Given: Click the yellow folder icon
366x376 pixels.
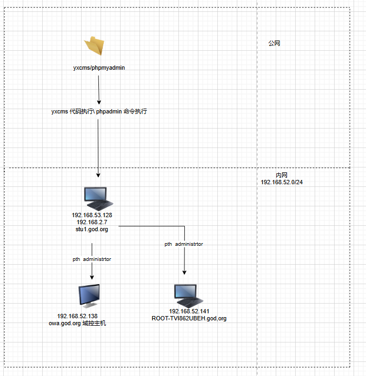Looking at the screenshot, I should coord(94,46).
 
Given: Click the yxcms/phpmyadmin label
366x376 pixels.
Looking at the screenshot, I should coord(99,69).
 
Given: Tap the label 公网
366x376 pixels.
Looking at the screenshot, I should coord(274,43).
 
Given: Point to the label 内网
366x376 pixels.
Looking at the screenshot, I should coord(282,176).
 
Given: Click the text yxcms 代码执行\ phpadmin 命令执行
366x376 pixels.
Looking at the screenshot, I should coord(99,112).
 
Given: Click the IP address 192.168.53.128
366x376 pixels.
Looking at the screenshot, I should coord(92,215).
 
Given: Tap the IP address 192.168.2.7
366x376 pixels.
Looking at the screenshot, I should coord(92,222).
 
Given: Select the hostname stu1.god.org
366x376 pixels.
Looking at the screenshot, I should coord(92,229).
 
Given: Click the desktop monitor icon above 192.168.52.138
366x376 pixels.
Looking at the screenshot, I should coord(89,297).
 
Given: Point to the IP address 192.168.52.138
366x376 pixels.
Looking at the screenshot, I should coord(77,316).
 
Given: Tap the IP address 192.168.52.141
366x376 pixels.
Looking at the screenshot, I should coord(189,312).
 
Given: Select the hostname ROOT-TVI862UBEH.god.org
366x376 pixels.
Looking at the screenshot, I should coord(189,319).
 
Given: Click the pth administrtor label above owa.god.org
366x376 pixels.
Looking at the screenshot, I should coord(92,259).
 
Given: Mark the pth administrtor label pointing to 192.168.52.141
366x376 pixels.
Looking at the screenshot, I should coord(184,244).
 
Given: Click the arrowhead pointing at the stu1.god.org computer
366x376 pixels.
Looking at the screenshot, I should coord(98,174).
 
